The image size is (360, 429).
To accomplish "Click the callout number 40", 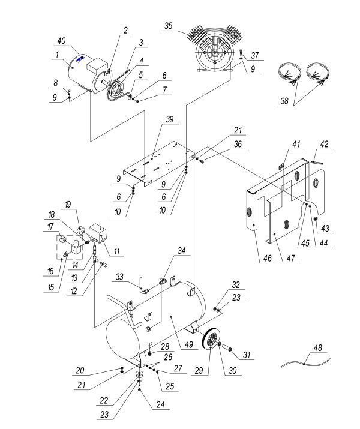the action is pos(61,41).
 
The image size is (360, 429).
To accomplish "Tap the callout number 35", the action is pos(169,26).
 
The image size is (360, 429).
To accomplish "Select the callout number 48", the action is pos(318,348).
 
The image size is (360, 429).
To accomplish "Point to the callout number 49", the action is pos(189,344).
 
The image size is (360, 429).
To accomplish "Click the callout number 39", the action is pos(170,119).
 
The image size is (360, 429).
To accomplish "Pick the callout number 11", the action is pos(117,251).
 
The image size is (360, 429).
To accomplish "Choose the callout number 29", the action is pos(199,370).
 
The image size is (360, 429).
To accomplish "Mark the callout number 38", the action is pos(284,101).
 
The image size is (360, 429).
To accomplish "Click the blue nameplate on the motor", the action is pos(80,59).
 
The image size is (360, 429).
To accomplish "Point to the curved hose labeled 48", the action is pos(306,363).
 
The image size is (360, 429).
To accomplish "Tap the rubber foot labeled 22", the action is pos(139,374).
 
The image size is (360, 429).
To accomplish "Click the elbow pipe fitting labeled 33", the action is pos(144,290).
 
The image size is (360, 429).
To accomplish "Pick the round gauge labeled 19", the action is pos(81,231).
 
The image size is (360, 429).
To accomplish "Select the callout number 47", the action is pos(291,258).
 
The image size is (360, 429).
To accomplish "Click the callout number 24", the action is pos(161,404).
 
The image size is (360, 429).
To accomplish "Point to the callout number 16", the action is pos(50,271).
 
